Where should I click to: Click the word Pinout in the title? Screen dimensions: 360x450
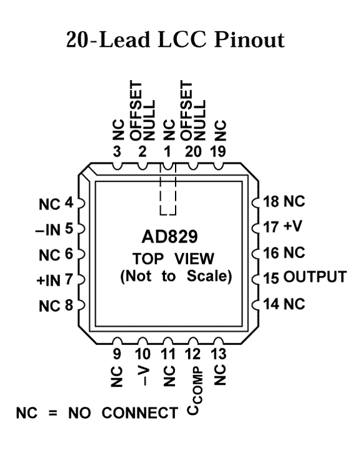click(249, 39)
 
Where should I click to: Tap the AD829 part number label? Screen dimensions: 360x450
click(169, 237)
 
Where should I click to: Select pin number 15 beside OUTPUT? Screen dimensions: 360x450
click(271, 277)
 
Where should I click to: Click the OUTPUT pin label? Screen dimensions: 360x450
click(315, 277)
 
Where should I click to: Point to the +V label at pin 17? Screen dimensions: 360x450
click(292, 226)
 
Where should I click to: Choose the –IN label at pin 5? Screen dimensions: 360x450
click(48, 230)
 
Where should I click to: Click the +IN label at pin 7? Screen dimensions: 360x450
click(49, 281)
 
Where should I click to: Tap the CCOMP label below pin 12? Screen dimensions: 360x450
click(195, 391)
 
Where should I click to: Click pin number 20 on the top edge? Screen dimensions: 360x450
click(193, 151)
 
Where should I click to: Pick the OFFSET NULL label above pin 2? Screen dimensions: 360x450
click(142, 111)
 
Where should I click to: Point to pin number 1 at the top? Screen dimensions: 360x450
click(167, 151)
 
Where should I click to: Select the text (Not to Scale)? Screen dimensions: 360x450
click(176, 276)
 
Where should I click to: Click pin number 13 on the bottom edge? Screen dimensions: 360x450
click(219, 354)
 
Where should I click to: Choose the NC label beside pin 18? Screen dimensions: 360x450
click(294, 201)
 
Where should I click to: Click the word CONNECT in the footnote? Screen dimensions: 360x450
click(140, 413)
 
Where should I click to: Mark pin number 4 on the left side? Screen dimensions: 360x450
click(69, 203)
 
